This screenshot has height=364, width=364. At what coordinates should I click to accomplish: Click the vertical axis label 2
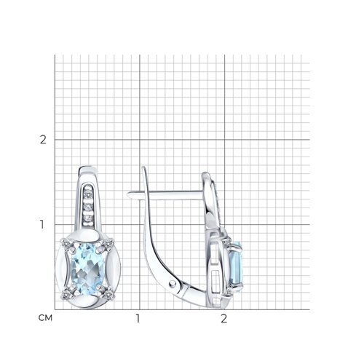click(43, 140)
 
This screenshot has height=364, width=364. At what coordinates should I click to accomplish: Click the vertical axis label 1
click(42, 224)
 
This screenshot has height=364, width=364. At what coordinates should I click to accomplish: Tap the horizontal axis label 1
click(138, 318)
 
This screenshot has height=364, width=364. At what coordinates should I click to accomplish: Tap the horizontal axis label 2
click(224, 318)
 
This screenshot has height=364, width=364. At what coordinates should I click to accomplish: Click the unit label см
click(45, 317)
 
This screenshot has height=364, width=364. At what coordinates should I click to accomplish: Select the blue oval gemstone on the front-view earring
click(87, 269)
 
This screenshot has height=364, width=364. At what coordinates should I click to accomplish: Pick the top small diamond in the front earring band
click(88, 194)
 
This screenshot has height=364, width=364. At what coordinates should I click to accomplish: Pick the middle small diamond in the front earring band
click(88, 207)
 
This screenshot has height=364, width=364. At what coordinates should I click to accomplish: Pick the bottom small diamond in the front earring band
click(88, 218)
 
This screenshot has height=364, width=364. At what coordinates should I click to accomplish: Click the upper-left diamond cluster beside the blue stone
click(66, 243)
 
